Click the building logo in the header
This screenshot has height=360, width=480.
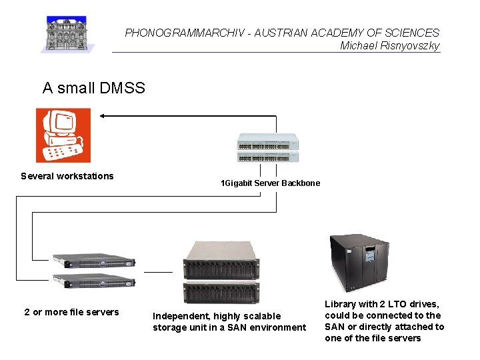click(x=68, y=34)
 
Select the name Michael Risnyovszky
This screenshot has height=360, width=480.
click(x=389, y=45)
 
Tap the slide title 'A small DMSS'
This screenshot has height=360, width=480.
click(x=93, y=87)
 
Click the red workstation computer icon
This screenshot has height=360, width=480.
click(x=63, y=135)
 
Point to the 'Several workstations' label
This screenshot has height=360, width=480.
click(x=67, y=176)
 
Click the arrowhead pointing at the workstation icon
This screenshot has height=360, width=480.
click(x=103, y=116)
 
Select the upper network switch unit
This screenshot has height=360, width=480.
click(x=268, y=142)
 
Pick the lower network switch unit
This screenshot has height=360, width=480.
click(x=268, y=157)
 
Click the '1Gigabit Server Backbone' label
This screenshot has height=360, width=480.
click(x=270, y=183)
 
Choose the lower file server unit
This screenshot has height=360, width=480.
click(x=94, y=281)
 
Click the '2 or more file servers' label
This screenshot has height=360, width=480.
click(x=71, y=312)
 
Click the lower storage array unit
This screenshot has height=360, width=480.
click(x=221, y=291)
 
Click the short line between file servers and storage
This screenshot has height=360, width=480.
click(x=158, y=272)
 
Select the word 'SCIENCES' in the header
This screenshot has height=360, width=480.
click(x=417, y=33)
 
